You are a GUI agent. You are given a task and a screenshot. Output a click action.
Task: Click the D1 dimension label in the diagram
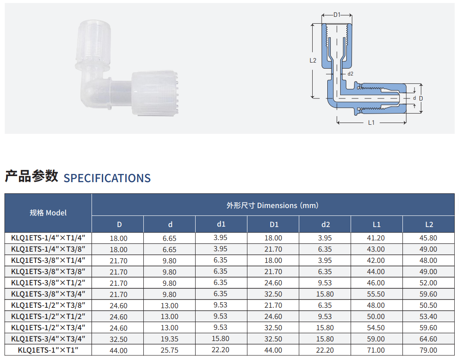(337, 15)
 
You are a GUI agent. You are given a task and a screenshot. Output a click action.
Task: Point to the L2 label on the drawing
(313, 60)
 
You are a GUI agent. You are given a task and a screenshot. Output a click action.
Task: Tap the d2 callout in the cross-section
(350, 74)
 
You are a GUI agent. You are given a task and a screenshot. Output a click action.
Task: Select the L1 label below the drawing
(371, 123)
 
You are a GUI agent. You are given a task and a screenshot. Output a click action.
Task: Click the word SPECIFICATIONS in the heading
(107, 178)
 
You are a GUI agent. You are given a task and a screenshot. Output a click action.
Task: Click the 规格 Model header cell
(48, 213)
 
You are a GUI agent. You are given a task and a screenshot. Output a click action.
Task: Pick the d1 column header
(221, 224)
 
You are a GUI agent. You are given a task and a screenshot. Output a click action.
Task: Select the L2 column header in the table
(429, 224)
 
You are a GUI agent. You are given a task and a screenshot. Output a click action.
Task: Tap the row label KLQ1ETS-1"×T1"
(48, 350)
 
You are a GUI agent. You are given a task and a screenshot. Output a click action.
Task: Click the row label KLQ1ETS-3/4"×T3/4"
(48, 339)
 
